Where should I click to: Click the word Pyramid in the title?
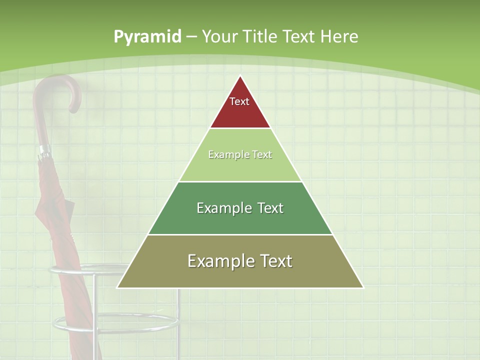147,37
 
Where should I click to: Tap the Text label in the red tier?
239,101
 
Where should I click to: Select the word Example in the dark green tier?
218,208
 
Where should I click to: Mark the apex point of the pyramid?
240,76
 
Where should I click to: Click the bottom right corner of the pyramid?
362,287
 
